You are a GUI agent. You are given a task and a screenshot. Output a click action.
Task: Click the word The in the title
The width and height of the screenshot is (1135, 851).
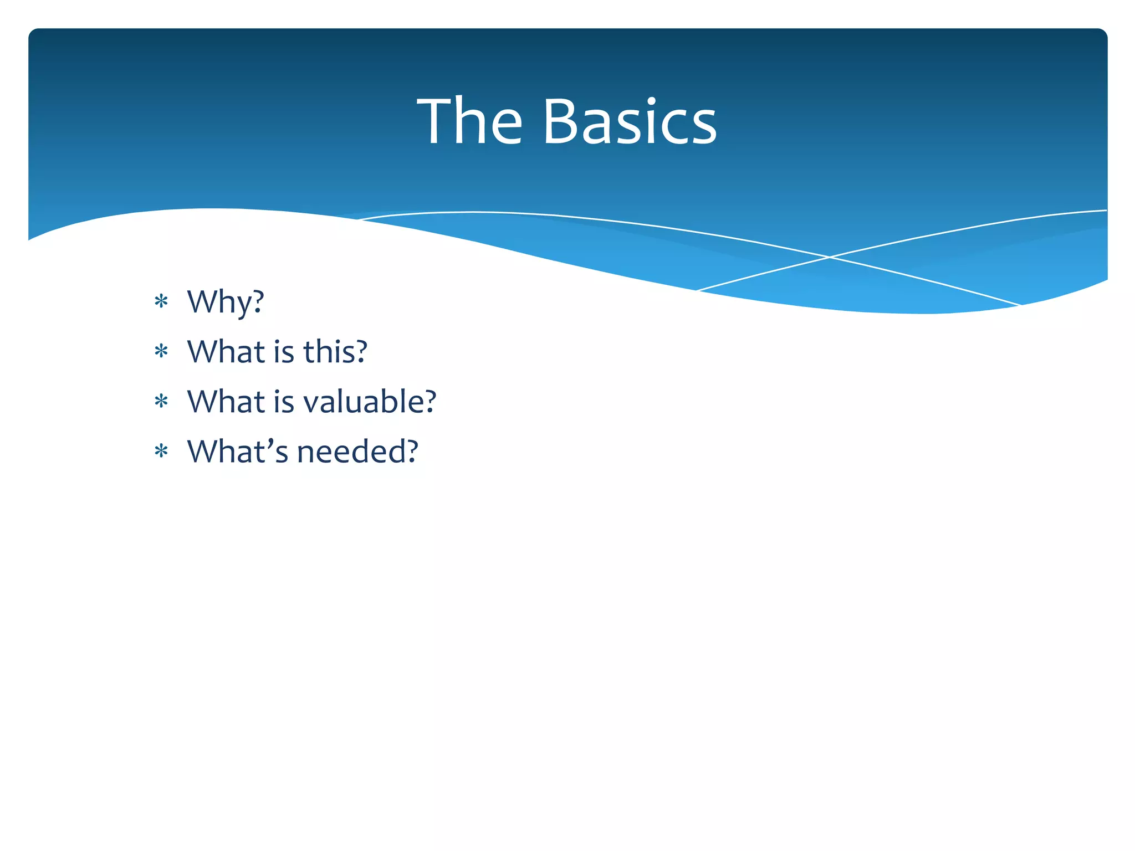tap(469, 122)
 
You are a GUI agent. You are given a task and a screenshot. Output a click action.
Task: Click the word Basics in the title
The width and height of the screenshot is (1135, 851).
tap(630, 122)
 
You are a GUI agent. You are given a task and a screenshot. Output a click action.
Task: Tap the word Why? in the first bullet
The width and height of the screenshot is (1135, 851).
tap(226, 303)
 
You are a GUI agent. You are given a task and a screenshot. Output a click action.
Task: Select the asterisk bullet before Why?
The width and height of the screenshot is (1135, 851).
tap(161, 302)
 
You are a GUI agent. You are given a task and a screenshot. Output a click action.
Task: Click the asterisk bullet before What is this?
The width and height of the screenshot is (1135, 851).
tap(161, 352)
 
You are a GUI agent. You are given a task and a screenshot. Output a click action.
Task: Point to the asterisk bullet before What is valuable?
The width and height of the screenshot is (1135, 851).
tap(161, 402)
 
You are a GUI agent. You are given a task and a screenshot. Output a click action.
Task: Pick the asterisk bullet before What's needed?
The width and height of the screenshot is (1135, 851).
tap(161, 452)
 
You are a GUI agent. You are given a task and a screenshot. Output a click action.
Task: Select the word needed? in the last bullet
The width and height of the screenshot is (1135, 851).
tap(357, 452)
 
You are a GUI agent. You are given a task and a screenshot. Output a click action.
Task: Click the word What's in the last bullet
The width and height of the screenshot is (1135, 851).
tap(238, 452)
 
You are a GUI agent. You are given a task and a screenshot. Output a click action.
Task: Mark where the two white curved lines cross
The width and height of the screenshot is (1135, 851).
tap(829, 257)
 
